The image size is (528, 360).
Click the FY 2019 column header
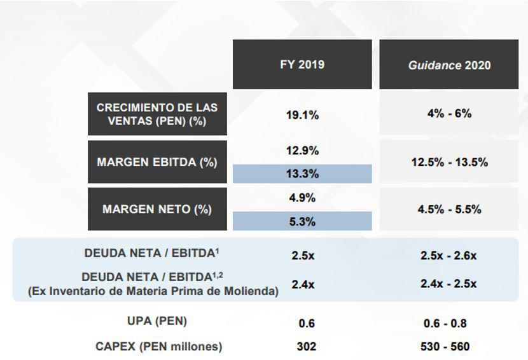tap(302, 64)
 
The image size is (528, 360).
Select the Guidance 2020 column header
tap(449, 65)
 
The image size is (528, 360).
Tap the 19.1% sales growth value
tap(302, 115)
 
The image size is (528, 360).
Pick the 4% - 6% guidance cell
tap(449, 113)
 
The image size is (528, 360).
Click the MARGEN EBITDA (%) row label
tap(157, 162)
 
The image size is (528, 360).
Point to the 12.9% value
tap(302, 151)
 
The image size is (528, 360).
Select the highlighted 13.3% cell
tap(302, 174)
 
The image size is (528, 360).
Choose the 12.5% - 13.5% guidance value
tap(449, 162)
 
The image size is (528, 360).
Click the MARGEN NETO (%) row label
tap(157, 209)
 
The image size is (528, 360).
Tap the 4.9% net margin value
tap(302, 198)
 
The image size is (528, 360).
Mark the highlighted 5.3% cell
tap(302, 221)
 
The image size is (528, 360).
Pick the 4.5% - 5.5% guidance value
tap(449, 209)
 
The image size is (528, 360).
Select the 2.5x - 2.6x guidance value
tap(449, 256)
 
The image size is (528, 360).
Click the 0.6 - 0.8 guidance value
tap(445, 323)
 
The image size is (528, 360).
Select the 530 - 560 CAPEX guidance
tap(445, 347)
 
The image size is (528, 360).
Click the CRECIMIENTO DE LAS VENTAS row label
tap(157, 114)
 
